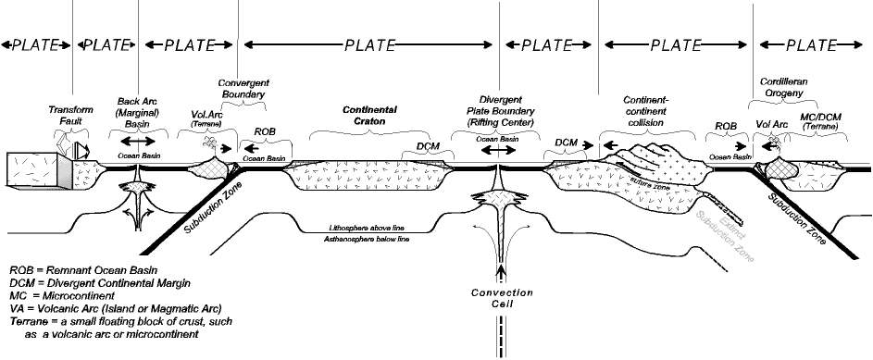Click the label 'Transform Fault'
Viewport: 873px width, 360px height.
pyautogui.click(x=71, y=115)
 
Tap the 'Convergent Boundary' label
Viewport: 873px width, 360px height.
pyautogui.click(x=243, y=87)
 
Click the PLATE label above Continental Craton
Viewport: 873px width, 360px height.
pyautogui.click(x=368, y=43)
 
